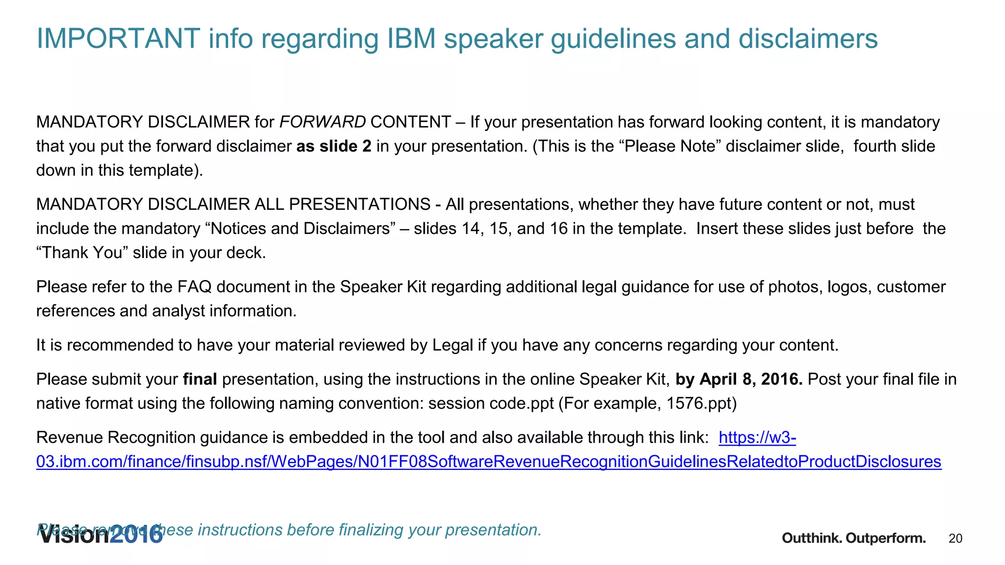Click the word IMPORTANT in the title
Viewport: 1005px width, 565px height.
pyautogui.click(x=118, y=38)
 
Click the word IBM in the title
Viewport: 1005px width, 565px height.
pyautogui.click(x=411, y=38)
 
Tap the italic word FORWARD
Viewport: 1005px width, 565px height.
pyautogui.click(x=322, y=122)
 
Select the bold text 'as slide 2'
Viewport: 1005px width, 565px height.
pyautogui.click(x=334, y=146)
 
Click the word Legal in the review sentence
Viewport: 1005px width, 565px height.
pyautogui.click(x=452, y=345)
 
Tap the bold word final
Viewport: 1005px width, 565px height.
pyautogui.click(x=200, y=379)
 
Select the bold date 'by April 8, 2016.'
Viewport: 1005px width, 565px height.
pyautogui.click(x=739, y=379)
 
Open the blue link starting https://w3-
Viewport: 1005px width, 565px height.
pyautogui.click(x=488, y=462)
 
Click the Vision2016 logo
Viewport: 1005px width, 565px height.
pyautogui.click(x=101, y=536)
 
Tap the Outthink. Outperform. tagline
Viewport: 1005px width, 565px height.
pyautogui.click(x=853, y=538)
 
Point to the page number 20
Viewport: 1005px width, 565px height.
pyautogui.click(x=955, y=539)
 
